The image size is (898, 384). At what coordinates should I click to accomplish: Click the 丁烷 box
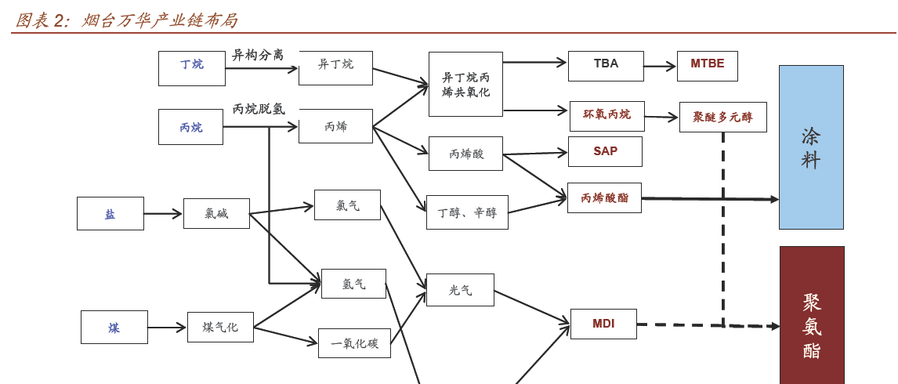(x=191, y=68)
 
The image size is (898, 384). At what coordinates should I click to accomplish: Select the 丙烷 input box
(x=190, y=127)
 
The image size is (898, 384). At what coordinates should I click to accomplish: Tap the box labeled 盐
(x=110, y=213)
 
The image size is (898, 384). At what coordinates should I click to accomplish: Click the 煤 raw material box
(x=114, y=327)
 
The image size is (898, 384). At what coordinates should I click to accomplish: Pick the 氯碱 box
(x=216, y=213)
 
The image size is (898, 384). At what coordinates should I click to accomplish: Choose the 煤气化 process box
(x=220, y=327)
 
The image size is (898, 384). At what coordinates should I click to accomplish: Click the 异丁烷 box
(x=335, y=68)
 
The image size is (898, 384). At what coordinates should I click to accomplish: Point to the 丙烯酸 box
(x=465, y=154)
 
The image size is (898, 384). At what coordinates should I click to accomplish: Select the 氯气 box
(x=347, y=205)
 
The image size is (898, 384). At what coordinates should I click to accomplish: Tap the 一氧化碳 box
(x=354, y=343)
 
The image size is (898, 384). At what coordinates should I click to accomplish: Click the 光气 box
(x=460, y=290)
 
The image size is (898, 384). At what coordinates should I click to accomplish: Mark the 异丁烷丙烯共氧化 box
(x=465, y=85)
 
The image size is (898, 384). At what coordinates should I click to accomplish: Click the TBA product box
(x=606, y=66)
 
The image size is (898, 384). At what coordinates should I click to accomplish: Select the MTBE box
(x=707, y=66)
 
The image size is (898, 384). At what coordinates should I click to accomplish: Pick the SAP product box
(x=605, y=151)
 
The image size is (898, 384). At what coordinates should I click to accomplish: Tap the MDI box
(x=603, y=324)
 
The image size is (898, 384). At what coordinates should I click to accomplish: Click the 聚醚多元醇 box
(x=722, y=117)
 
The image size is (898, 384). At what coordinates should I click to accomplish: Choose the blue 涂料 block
(x=811, y=147)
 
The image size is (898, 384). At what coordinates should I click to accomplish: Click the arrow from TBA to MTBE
(x=660, y=67)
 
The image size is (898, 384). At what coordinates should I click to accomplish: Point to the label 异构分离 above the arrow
(x=257, y=55)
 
